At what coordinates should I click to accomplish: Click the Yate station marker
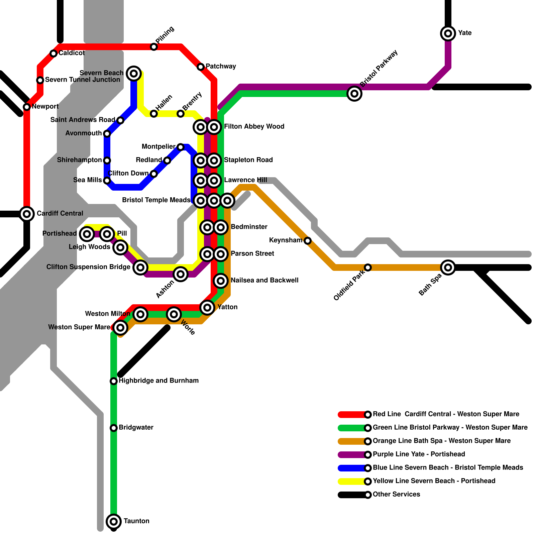(x=448, y=33)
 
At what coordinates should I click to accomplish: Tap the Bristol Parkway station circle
(x=354, y=93)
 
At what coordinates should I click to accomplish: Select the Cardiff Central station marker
(x=27, y=214)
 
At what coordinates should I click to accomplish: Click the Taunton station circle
(x=114, y=521)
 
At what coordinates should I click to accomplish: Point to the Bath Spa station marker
(x=448, y=267)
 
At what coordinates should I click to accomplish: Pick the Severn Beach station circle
(x=134, y=73)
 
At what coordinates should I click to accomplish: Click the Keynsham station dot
(x=308, y=240)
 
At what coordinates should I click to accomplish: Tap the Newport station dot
(x=27, y=107)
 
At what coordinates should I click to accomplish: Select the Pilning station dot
(x=154, y=46)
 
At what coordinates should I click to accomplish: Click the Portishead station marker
(x=87, y=234)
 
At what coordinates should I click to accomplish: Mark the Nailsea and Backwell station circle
(x=221, y=281)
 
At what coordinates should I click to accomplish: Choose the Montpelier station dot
(x=181, y=147)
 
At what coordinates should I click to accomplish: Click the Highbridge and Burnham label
(x=158, y=381)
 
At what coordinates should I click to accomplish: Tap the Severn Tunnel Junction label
(x=82, y=80)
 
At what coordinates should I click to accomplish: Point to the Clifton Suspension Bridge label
(x=88, y=267)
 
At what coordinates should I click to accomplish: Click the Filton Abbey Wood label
(x=254, y=126)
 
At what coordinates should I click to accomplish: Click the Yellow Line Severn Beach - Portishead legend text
(x=434, y=481)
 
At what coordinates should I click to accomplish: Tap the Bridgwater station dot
(x=114, y=428)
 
